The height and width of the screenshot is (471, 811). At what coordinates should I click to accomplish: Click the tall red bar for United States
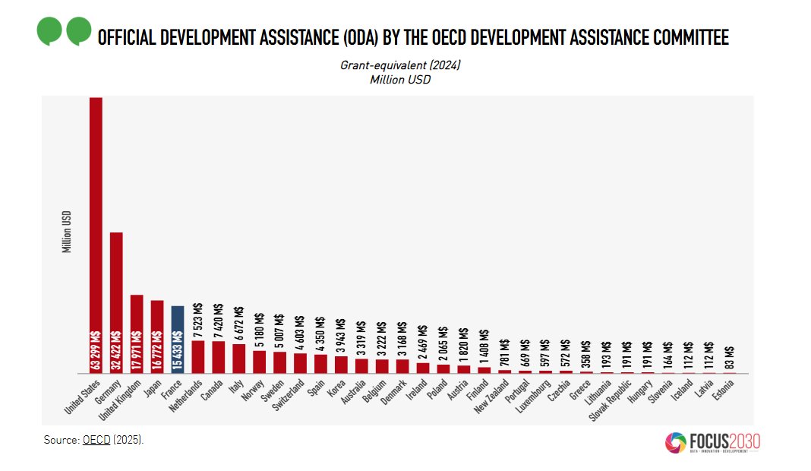(96, 235)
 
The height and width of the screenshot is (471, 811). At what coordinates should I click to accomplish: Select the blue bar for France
(178, 340)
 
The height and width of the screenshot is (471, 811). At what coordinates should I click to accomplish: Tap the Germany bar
(116, 303)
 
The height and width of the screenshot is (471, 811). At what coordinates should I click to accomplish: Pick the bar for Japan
(157, 337)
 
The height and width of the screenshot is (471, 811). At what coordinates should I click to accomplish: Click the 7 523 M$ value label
(198, 321)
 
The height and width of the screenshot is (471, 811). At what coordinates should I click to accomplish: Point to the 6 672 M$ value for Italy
(239, 324)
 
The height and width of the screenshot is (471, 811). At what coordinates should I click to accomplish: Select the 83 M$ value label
(730, 358)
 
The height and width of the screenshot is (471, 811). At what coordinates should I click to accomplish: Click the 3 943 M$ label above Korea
(341, 335)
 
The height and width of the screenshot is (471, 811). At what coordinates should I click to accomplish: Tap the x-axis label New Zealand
(492, 397)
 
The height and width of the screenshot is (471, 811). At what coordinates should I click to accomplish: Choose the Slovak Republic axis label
(611, 400)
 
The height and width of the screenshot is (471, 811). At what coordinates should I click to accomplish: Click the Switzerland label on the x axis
(289, 395)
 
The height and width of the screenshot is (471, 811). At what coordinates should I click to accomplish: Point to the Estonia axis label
(723, 390)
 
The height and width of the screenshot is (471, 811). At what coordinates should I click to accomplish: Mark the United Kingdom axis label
(119, 400)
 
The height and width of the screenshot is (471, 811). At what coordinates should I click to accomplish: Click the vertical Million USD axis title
(66, 232)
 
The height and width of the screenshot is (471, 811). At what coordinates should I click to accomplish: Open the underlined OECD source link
(96, 440)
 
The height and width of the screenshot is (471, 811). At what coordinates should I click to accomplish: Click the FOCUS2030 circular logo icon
(676, 443)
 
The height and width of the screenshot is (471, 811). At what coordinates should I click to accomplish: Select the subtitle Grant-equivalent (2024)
(400, 65)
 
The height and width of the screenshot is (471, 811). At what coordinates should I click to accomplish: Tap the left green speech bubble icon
(49, 31)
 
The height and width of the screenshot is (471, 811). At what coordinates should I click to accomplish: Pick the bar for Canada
(218, 357)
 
